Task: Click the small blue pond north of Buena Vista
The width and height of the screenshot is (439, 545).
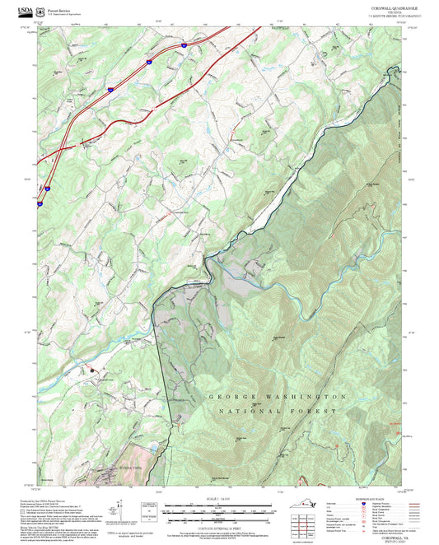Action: (x=153, y=447)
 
